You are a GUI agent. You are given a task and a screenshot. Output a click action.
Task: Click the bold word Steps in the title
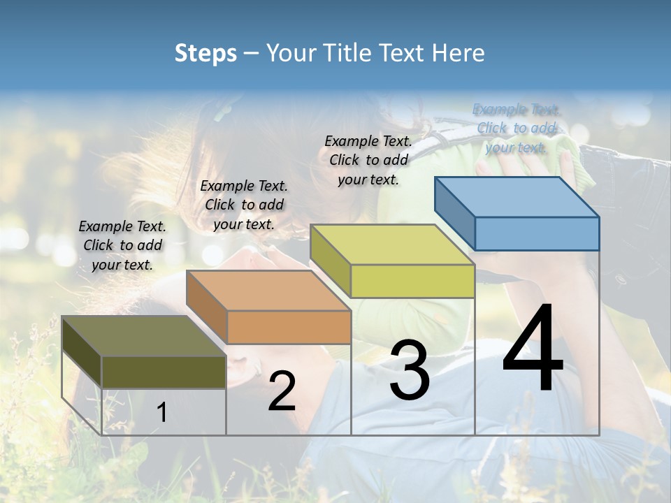tap(205, 53)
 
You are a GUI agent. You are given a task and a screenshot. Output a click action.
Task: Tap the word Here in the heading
tap(459, 53)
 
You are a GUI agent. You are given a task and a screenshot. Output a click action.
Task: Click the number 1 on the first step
tap(161, 412)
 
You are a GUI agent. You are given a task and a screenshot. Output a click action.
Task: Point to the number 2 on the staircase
tap(282, 391)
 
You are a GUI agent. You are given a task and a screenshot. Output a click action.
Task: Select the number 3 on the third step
tap(410, 370)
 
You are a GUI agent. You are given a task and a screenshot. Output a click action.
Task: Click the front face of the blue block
tap(537, 233)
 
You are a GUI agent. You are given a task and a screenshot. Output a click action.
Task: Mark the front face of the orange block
tap(289, 327)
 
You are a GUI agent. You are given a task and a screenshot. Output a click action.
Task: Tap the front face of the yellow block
tap(412, 281)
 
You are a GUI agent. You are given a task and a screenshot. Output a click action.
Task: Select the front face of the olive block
tap(164, 372)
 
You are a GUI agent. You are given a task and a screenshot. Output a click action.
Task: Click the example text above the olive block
tap(122, 245)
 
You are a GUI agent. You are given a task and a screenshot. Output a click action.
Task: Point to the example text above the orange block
tap(244, 205)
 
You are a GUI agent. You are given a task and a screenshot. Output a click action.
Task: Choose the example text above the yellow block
tap(368, 160)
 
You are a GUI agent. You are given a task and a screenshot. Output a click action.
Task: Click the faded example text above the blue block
tap(517, 128)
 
